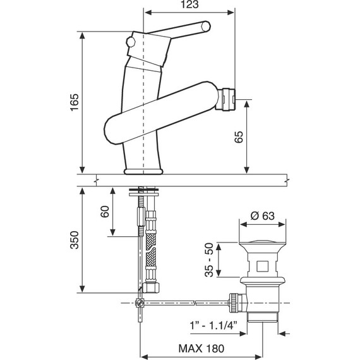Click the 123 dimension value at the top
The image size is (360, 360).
[x=191, y=5]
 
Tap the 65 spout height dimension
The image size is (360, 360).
[x=238, y=138]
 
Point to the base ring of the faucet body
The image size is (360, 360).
[x=144, y=170]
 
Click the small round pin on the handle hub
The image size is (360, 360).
[x=131, y=42]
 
